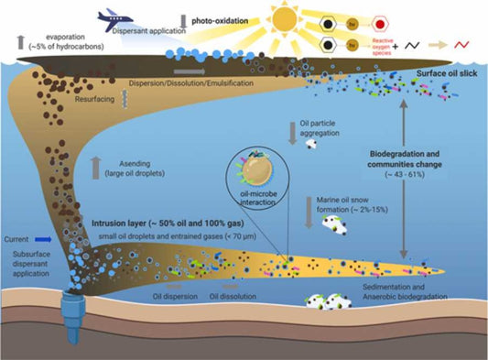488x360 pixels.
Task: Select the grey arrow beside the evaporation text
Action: (x=17, y=42)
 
